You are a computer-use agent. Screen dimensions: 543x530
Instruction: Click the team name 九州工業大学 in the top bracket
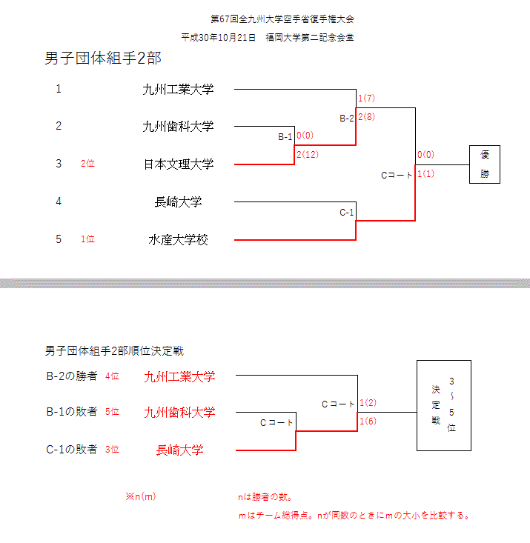click(x=178, y=90)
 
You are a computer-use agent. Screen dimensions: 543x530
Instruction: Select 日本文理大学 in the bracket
click(x=178, y=164)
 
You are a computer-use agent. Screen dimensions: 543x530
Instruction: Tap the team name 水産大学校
click(x=178, y=239)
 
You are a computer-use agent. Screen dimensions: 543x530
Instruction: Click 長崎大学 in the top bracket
click(x=178, y=201)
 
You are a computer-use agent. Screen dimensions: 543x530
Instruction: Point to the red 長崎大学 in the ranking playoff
click(x=179, y=450)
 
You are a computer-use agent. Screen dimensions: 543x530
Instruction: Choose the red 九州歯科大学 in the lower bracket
click(x=179, y=413)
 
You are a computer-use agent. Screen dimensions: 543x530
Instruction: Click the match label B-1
click(x=285, y=137)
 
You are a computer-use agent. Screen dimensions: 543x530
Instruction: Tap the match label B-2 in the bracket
click(x=347, y=118)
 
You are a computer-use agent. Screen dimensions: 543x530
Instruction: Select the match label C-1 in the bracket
click(x=347, y=213)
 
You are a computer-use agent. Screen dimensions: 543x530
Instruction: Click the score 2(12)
click(x=307, y=154)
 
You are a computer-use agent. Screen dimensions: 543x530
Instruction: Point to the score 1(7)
click(x=367, y=99)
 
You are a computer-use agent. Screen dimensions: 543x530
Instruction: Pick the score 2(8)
click(x=367, y=116)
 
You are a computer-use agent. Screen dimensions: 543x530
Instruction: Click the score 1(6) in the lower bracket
click(x=368, y=422)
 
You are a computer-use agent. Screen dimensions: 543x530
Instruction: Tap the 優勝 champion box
click(x=485, y=164)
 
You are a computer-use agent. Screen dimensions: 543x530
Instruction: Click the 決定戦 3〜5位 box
click(x=444, y=405)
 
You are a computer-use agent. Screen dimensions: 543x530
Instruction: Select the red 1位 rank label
click(x=87, y=239)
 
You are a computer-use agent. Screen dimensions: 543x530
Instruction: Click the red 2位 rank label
click(x=87, y=164)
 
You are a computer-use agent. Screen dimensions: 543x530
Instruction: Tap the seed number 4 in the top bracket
click(x=59, y=201)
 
